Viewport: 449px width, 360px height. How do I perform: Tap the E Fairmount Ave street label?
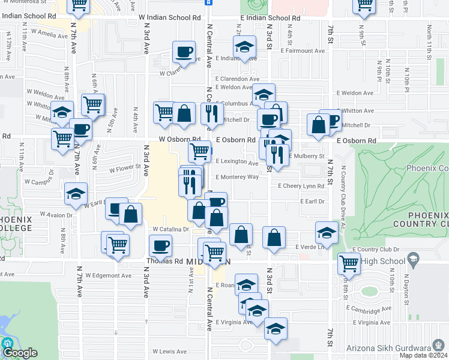(304, 51)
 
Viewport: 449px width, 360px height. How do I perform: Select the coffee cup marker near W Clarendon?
(184, 52)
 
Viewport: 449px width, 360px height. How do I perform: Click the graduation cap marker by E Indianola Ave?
(244, 47)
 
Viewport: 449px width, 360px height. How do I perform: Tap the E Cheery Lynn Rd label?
(305, 186)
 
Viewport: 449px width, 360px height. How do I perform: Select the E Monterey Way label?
(238, 177)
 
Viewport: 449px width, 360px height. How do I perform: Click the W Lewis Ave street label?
(169, 352)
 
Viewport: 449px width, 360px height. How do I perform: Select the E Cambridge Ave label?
(368, 310)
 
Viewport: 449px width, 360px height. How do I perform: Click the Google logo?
(19, 353)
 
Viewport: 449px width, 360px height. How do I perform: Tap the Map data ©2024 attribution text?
(424, 355)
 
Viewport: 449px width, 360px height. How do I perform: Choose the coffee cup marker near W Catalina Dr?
(160, 245)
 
